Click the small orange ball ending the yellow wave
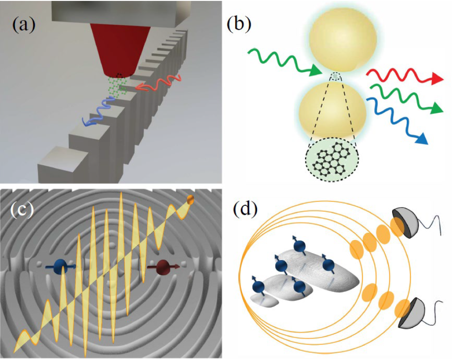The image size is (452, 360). (190, 199)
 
